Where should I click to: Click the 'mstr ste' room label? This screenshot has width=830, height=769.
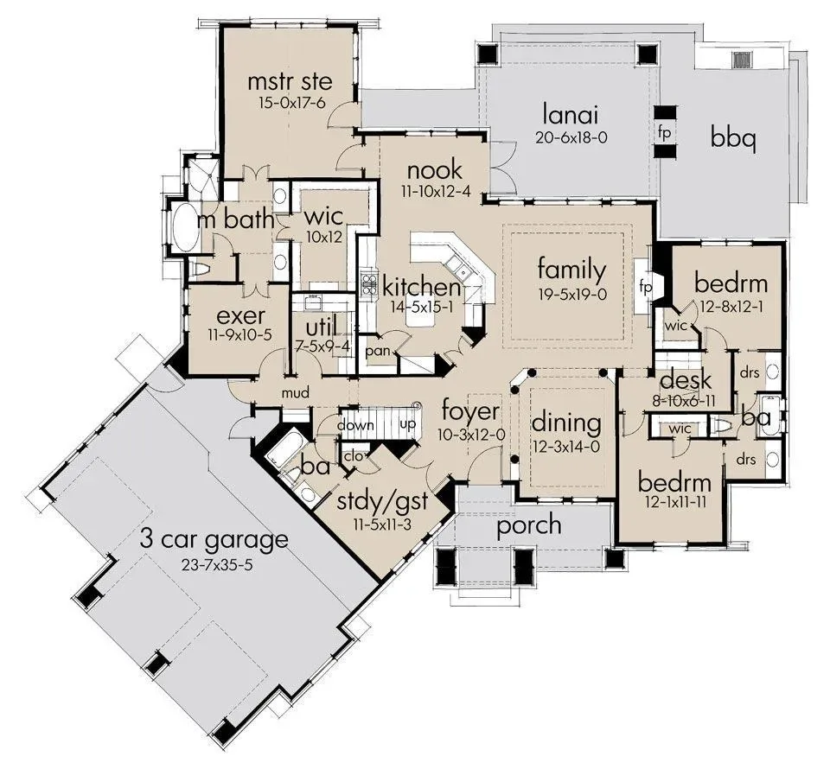290,81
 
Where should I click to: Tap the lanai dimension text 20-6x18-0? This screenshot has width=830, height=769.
571,137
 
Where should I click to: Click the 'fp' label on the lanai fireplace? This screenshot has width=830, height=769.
664,132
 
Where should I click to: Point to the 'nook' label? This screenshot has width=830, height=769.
435,170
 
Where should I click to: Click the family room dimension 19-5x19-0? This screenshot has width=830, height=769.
572,295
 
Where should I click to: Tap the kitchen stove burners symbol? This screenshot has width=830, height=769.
368,283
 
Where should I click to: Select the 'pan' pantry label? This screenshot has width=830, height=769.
378,351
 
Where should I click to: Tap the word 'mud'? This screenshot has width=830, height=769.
296,393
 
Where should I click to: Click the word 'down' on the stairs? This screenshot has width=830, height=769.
355,425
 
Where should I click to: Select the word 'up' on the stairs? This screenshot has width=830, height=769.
407,425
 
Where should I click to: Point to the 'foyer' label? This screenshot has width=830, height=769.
470,411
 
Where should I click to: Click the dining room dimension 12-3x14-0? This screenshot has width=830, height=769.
565,447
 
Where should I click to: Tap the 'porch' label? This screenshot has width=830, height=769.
529,525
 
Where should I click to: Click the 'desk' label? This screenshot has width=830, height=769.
686,380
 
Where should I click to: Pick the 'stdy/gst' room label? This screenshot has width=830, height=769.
382,501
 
